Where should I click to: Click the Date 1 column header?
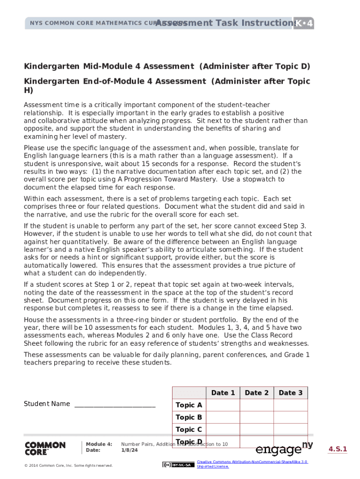[223, 393]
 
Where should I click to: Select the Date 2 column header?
[257, 393]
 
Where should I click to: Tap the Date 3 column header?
[290, 393]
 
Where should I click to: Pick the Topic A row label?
[189, 405]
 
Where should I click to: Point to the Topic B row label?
[189, 417]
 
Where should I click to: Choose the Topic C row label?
[189, 429]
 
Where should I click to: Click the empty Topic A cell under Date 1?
[223, 405]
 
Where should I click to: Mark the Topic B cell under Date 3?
[290, 417]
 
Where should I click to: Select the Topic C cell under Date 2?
[257, 429]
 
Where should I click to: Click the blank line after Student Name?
[115, 404]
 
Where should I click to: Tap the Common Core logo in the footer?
[45, 449]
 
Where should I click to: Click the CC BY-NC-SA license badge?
[177, 464]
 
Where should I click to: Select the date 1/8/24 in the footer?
[130, 450]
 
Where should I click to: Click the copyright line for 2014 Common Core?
[69, 465]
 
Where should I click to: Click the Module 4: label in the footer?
[99, 444]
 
